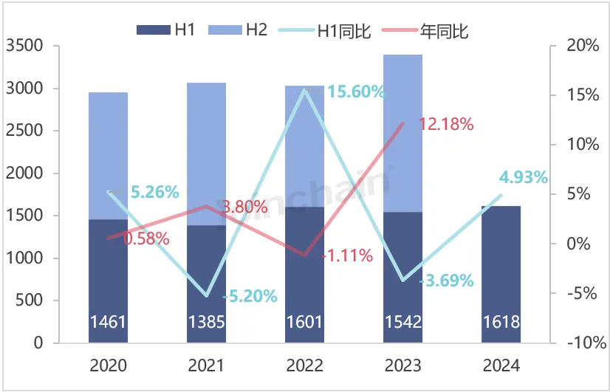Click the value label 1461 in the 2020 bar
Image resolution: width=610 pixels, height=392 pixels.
pos(108,323)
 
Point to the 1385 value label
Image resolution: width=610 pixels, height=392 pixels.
pos(206,323)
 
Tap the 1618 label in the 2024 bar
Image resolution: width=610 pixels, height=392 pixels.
pos(501,323)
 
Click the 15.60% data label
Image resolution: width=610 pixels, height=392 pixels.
pos(356,92)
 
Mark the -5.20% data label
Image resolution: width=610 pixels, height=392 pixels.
pos(250,297)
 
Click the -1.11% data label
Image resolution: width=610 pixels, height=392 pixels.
pos(347,256)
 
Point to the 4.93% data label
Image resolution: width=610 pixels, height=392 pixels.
pos(523,177)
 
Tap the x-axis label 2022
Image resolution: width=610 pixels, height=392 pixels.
pos(304,365)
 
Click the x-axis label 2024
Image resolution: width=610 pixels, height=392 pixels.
pos(501,365)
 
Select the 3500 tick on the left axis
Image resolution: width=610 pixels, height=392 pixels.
pos(24,46)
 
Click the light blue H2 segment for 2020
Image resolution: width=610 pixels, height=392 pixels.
pos(108,155)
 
